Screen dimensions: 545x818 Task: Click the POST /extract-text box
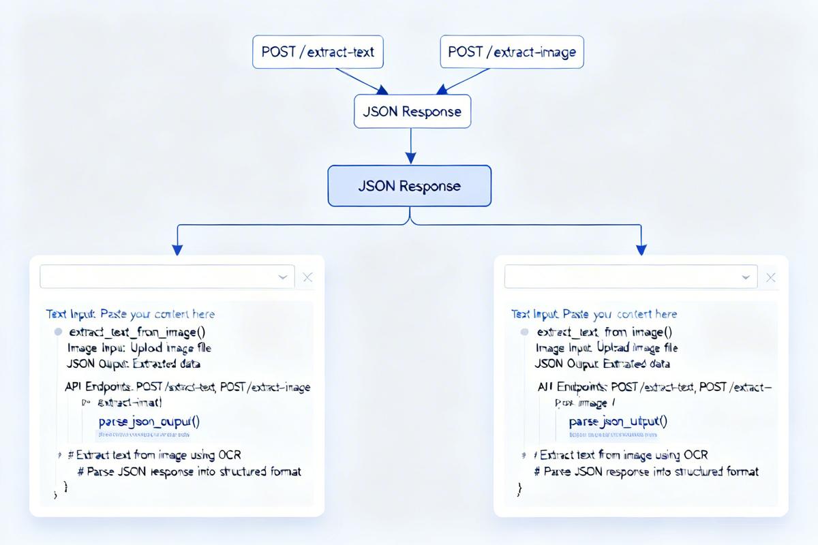coord(318,52)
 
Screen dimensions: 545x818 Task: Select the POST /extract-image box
coord(512,52)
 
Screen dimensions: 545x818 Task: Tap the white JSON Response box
coord(412,112)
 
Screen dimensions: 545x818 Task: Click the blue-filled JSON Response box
coord(410,186)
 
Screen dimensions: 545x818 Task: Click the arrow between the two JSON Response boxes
coord(410,146)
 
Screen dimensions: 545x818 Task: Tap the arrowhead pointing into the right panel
coord(641,249)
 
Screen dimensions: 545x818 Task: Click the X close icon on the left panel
coord(307,277)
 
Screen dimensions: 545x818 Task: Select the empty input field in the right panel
coord(620,277)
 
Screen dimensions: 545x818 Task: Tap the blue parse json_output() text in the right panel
coord(618,422)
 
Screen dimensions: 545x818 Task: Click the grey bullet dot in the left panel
coord(58,332)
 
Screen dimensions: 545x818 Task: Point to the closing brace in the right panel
coord(519,488)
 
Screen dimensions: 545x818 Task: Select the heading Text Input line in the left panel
coord(130,314)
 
